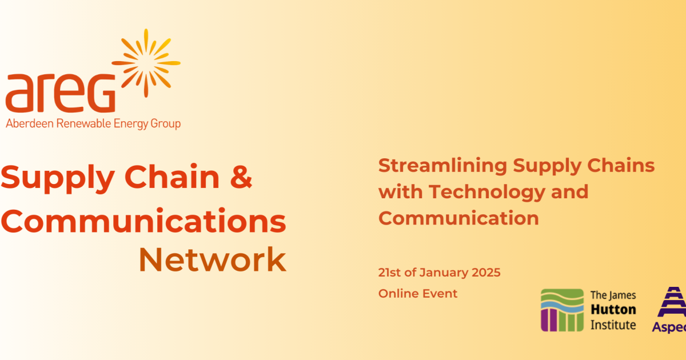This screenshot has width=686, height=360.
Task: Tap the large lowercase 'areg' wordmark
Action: click(x=59, y=93)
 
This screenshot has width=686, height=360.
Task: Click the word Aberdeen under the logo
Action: click(x=27, y=123)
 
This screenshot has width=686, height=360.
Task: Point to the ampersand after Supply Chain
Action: click(x=241, y=178)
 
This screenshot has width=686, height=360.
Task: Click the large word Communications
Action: click(x=143, y=221)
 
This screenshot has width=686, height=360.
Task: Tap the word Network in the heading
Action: click(x=212, y=260)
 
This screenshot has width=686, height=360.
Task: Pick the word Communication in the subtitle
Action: click(x=458, y=218)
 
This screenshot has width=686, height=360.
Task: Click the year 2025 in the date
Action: click(x=486, y=273)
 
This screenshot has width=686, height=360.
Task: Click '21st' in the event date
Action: click(x=390, y=273)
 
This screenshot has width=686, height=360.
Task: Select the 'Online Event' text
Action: click(x=418, y=294)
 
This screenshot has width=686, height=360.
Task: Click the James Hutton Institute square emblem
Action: click(x=563, y=310)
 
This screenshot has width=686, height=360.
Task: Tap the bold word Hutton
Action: click(x=613, y=310)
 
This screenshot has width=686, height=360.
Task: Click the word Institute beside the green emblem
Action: click(x=613, y=325)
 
